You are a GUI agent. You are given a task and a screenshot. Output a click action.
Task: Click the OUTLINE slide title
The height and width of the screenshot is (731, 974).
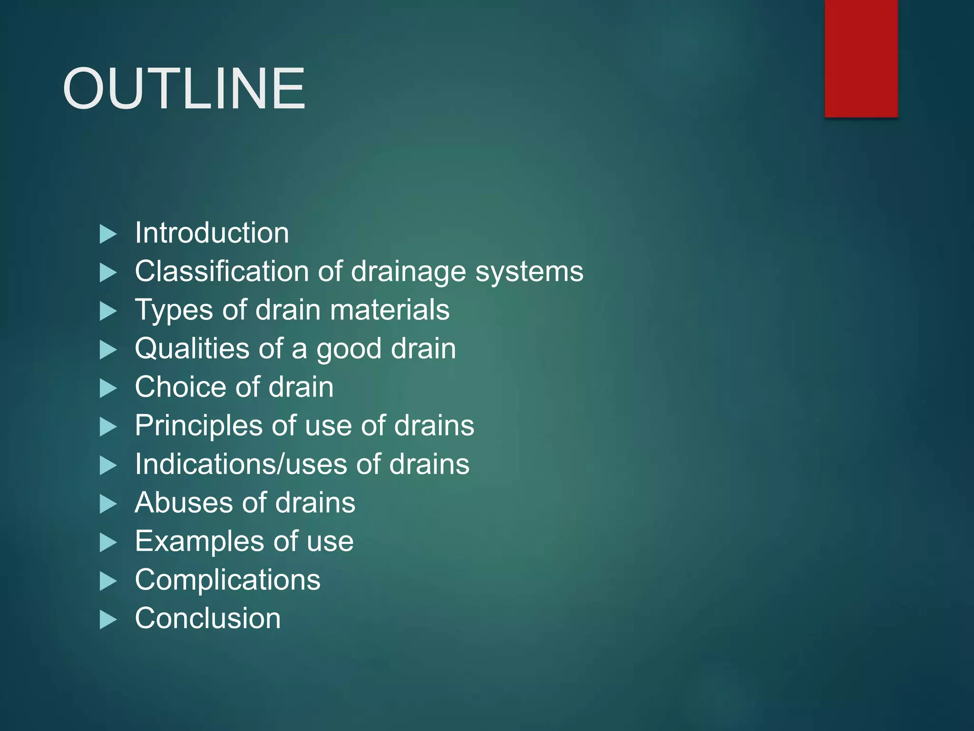[x=184, y=89]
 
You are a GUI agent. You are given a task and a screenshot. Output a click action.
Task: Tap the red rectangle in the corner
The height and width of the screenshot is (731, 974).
[x=861, y=58]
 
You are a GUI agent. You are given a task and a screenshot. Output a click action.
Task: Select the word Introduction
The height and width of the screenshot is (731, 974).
[x=212, y=233]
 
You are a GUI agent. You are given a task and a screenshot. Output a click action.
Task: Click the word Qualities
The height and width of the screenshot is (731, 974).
[x=192, y=349]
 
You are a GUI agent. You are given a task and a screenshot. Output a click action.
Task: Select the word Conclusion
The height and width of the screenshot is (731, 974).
[x=208, y=619]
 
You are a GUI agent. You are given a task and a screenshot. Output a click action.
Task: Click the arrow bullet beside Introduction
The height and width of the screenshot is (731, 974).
[x=108, y=234]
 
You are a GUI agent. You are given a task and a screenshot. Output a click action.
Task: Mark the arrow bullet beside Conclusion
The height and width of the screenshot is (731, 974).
[x=108, y=620]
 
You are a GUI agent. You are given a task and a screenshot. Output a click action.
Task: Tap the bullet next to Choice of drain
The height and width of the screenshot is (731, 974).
[x=108, y=388]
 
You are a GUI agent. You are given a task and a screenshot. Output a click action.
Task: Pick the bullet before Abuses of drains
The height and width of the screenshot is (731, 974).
[x=108, y=504]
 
